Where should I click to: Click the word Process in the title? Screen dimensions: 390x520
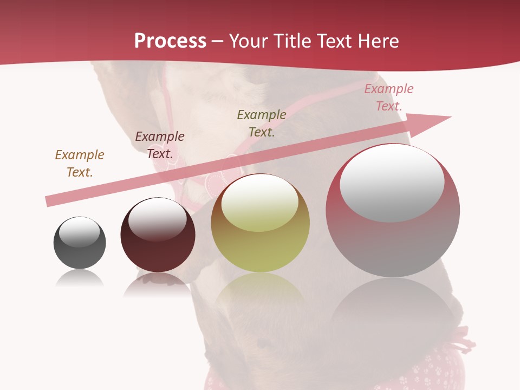(170, 41)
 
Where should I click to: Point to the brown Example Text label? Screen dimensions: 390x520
(80, 164)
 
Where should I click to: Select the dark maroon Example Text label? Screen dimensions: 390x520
(160, 145)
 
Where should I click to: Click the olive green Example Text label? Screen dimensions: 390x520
(262, 123)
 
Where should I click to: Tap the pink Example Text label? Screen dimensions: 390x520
(389, 97)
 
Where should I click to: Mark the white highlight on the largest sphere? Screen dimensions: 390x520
(392, 182)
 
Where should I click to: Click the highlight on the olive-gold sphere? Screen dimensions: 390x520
(260, 203)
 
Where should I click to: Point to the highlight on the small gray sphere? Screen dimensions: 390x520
(80, 232)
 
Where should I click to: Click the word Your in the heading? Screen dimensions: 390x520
(249, 41)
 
